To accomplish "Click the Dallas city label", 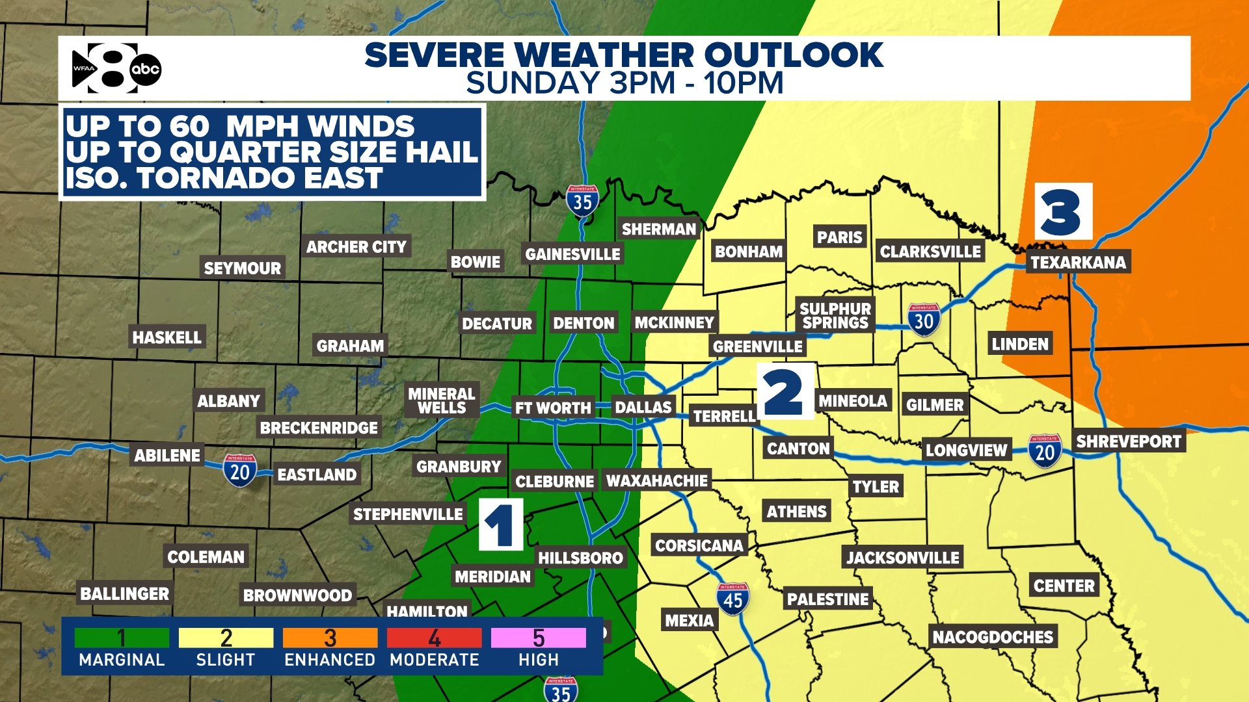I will click(x=643, y=408).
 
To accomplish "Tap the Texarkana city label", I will click(x=1078, y=262).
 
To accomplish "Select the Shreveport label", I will click(x=1128, y=441).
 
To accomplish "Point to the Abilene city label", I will click(x=167, y=455).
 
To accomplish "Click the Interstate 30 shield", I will click(x=924, y=320).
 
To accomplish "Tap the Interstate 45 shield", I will click(x=732, y=599).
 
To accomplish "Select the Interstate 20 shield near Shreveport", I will click(x=1045, y=451).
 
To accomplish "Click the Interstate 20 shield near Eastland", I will click(x=240, y=471).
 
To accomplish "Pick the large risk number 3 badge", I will click(x=1063, y=212).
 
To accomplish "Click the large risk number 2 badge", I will click(x=785, y=391).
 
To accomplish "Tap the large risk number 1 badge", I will click(x=501, y=525).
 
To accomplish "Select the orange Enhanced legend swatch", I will click(x=330, y=638).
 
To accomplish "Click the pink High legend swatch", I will click(x=538, y=638).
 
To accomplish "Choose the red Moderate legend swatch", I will click(x=434, y=638).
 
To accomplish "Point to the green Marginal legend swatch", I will click(x=122, y=638).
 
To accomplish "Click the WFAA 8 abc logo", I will click(x=116, y=68).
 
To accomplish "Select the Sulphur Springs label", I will click(x=835, y=315).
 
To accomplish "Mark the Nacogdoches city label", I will click(x=993, y=636).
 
